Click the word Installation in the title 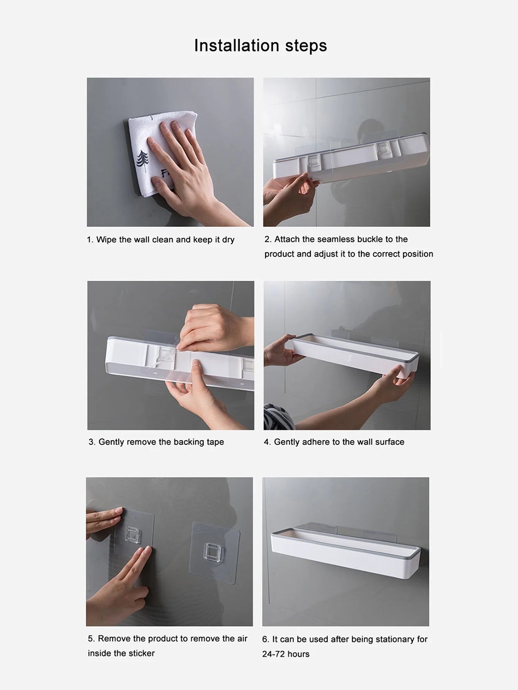pyautogui.click(x=236, y=46)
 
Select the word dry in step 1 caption pyautogui.click(x=228, y=240)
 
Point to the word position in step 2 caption pyautogui.click(x=417, y=254)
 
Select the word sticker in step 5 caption pyautogui.click(x=142, y=653)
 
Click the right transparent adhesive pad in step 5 pyautogui.click(x=215, y=553)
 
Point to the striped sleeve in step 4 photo pyautogui.click(x=278, y=417)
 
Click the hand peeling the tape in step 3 pyautogui.click(x=211, y=329)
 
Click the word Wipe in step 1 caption pyautogui.click(x=106, y=240)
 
